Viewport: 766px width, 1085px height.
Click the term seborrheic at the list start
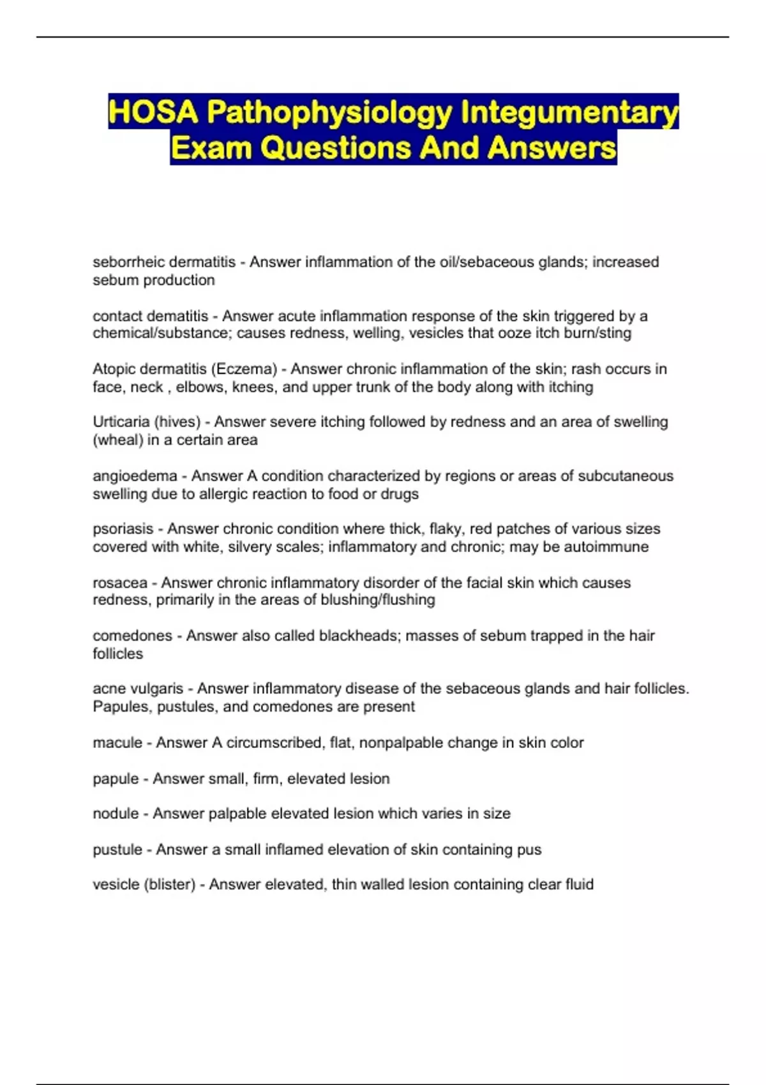click(x=124, y=262)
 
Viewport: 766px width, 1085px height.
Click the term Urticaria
click(x=119, y=422)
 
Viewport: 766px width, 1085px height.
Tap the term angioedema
click(x=135, y=476)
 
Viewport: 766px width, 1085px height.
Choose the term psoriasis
click(x=123, y=529)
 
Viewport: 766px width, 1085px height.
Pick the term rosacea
click(x=120, y=583)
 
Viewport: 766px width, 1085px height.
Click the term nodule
click(x=116, y=814)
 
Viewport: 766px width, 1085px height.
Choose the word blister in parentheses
click(x=170, y=885)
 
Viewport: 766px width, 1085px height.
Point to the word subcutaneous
click(x=626, y=476)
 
